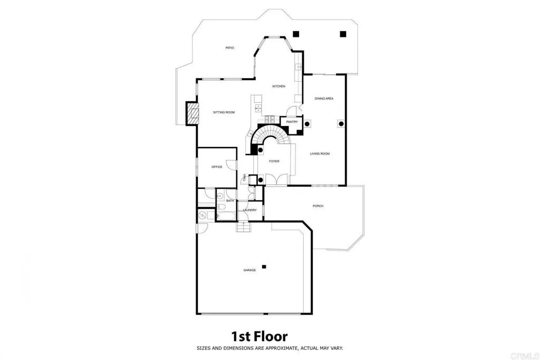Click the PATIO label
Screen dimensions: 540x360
[x=230, y=48]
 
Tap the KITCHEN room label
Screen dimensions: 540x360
[x=278, y=86]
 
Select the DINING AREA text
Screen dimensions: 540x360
[x=324, y=99]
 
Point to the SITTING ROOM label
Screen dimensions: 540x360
[x=224, y=113]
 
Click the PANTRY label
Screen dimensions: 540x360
[x=292, y=122]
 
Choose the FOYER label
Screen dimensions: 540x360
[x=274, y=161]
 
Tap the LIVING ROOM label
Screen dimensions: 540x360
[x=320, y=154]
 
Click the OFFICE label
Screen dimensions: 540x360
[x=217, y=167]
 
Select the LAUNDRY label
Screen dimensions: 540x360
[x=249, y=210]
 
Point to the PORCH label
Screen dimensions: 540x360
[x=318, y=206]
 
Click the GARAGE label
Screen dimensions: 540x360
[x=249, y=270]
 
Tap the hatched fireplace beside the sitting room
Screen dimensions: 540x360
[x=192, y=113]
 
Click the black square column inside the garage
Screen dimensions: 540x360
[x=264, y=266]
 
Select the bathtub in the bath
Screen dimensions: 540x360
[x=227, y=217]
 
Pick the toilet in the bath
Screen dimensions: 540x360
[x=221, y=207]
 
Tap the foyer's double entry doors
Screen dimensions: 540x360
[x=278, y=179]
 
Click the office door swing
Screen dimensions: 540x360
[x=232, y=164]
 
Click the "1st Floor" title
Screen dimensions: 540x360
[x=259, y=336]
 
